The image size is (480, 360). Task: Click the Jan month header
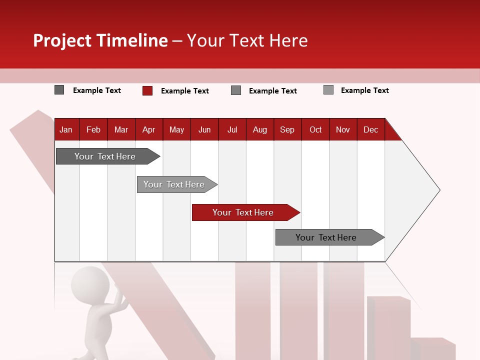[66, 129]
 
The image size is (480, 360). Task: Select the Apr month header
[148, 129]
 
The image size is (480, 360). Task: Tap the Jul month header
[232, 129]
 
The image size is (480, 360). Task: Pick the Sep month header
[287, 129]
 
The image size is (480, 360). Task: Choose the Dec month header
[370, 129]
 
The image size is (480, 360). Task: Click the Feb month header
[93, 129]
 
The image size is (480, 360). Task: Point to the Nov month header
[343, 129]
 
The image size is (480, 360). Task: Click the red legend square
[147, 90]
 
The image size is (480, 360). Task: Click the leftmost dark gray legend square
[59, 90]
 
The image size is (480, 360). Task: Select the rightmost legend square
[328, 90]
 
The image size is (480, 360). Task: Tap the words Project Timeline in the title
[100, 40]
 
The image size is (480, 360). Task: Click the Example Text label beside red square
[184, 91]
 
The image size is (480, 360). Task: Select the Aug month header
[259, 129]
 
